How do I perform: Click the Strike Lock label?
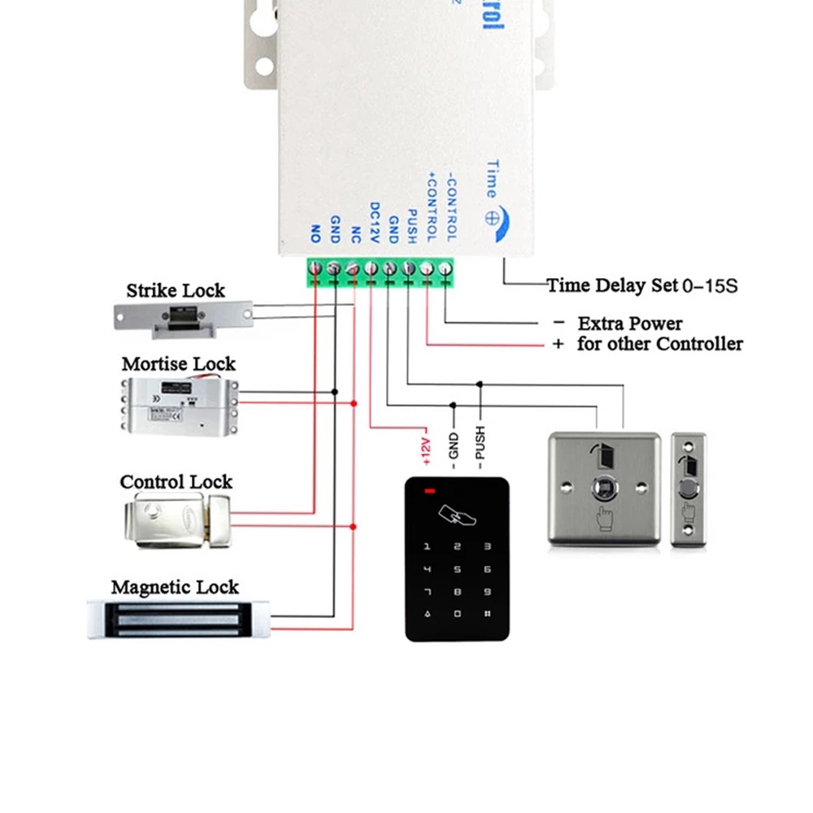[176, 290]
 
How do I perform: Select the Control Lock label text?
[176, 482]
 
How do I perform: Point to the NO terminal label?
[315, 235]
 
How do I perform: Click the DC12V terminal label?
[374, 221]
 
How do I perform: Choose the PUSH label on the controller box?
[411, 225]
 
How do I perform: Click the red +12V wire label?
[424, 452]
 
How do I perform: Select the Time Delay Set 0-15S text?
[641, 285]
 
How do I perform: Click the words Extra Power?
[630, 324]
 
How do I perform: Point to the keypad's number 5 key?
[458, 571]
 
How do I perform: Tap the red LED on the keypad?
[428, 491]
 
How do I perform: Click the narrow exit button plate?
[689, 489]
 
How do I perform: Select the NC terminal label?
[354, 231]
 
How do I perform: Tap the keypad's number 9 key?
[487, 593]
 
